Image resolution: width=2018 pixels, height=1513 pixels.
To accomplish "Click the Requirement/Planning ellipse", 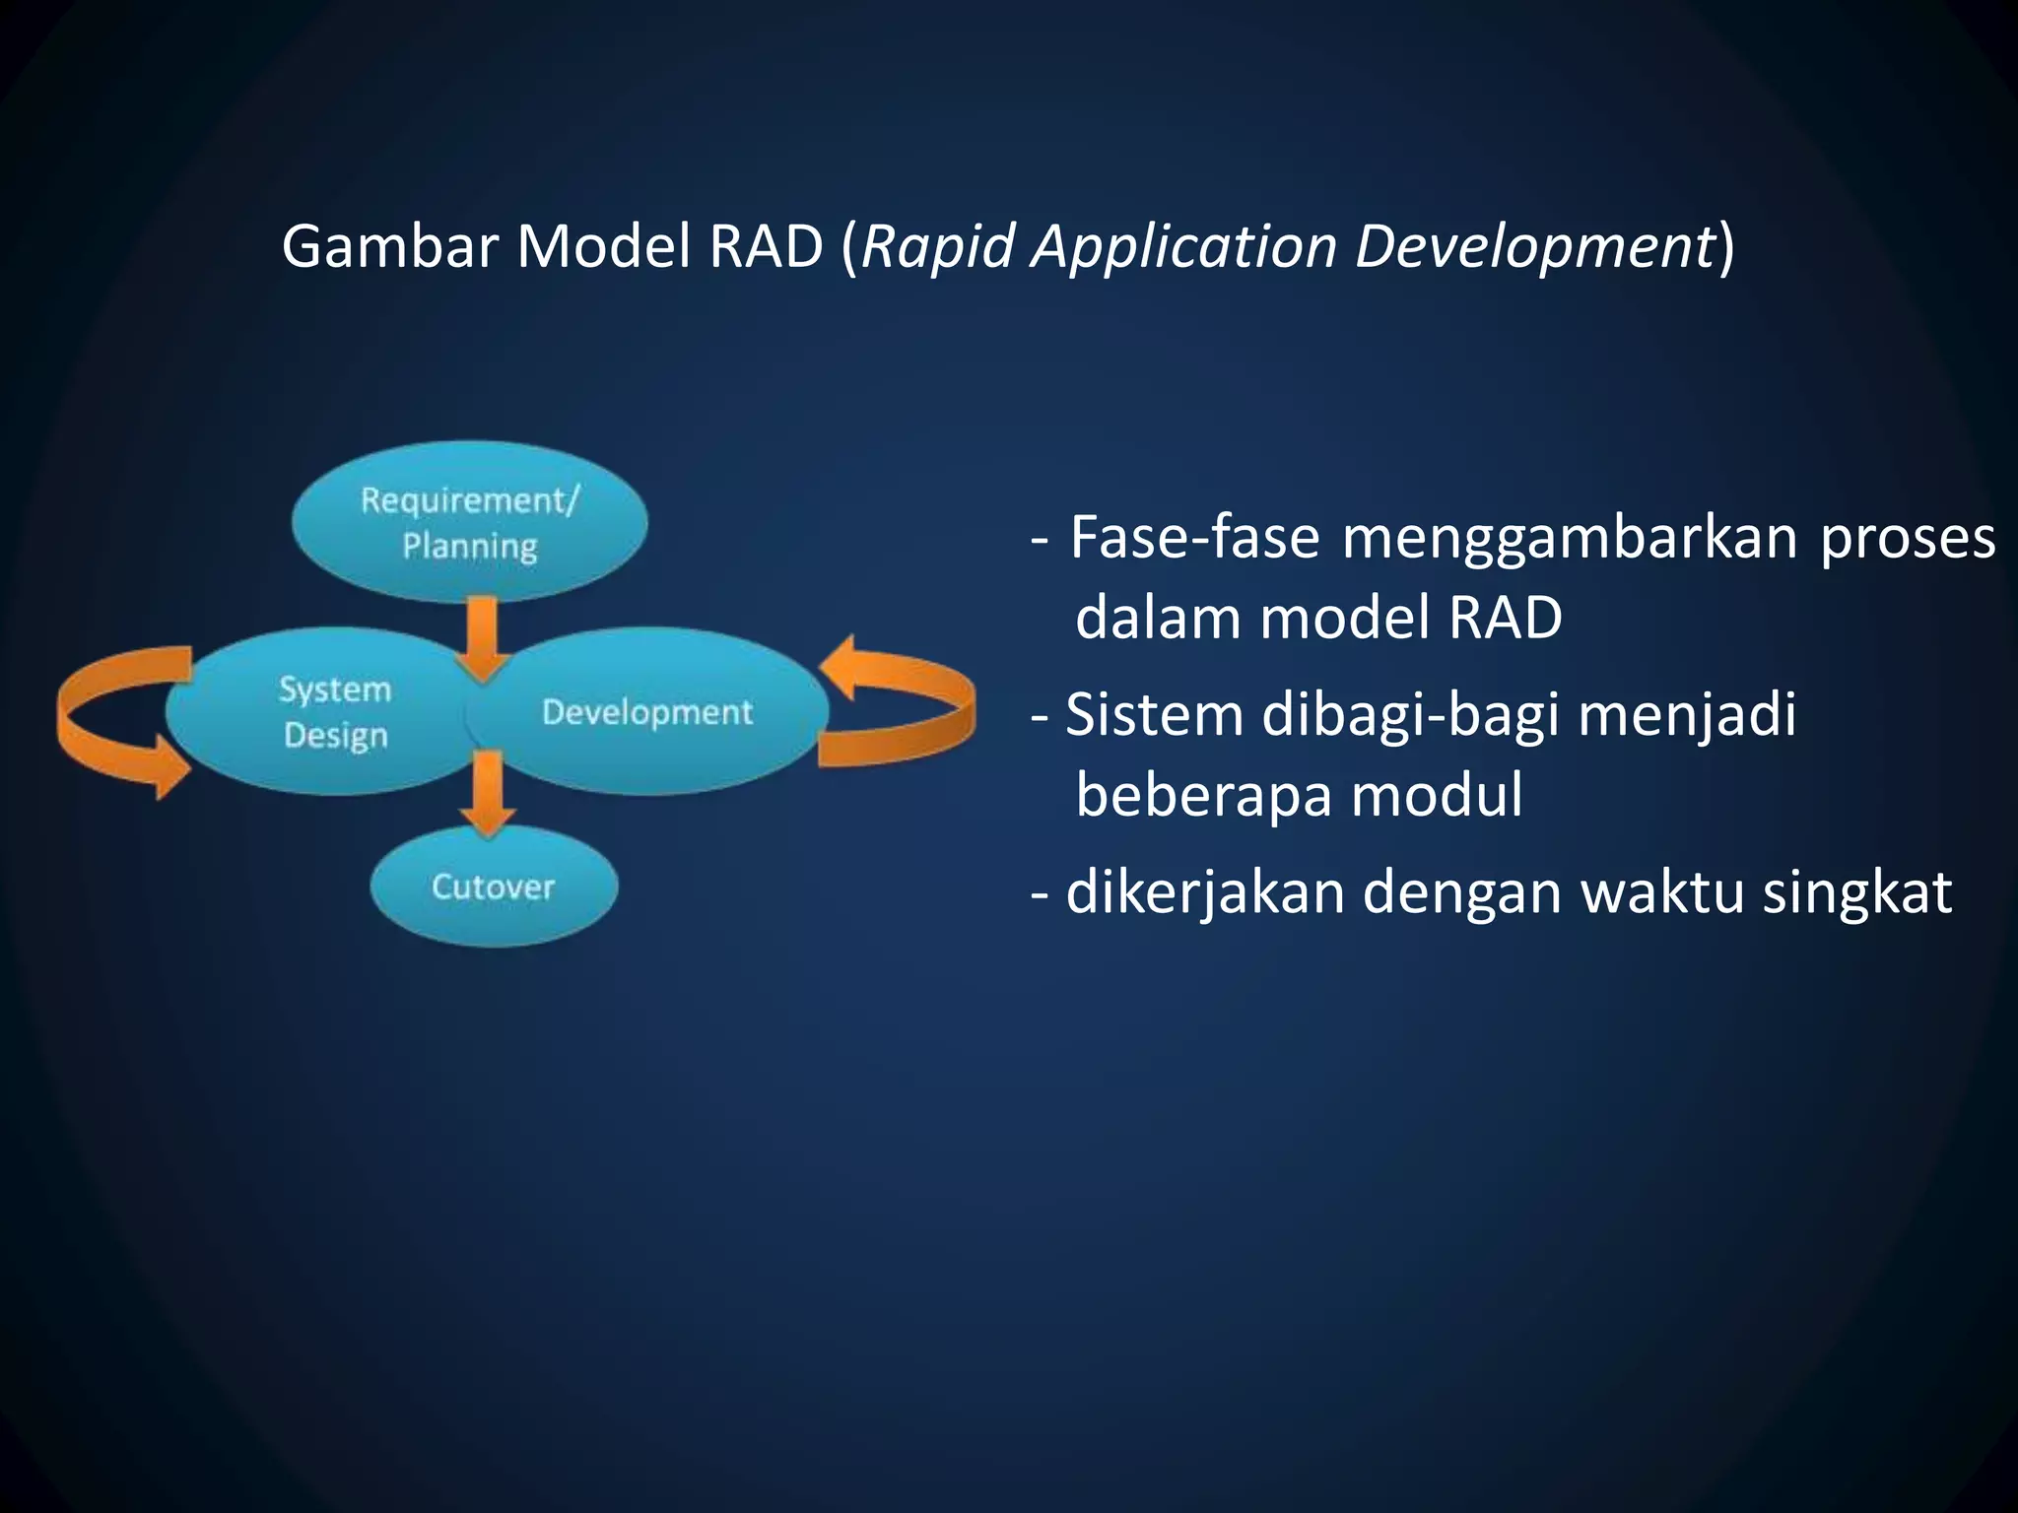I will pos(470,522).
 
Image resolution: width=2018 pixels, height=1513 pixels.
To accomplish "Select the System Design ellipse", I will pos(325,712).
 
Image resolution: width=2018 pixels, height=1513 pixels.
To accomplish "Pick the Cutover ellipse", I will pos(494,887).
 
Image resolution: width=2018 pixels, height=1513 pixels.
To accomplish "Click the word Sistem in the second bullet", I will pos(1154,714).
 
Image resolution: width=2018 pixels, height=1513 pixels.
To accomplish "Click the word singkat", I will pos(1856,892).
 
